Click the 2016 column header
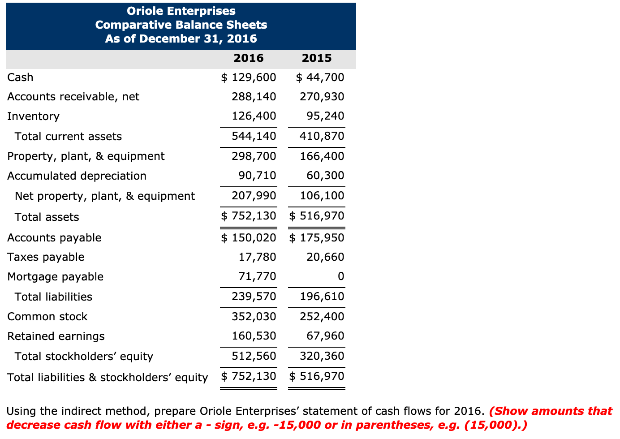249,58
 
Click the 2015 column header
317,58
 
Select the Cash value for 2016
249,77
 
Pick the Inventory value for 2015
325,116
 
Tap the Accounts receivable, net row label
73,97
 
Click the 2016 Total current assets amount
254,136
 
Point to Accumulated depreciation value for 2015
325,176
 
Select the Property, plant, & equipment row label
86,156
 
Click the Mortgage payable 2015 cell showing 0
340,276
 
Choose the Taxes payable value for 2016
257,257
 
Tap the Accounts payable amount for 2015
317,238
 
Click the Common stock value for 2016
254,317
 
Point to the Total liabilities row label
53,297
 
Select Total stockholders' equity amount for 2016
254,356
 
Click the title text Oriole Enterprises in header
181,11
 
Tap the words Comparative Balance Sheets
181,25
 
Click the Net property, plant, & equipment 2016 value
254,196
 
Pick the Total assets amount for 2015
317,216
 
